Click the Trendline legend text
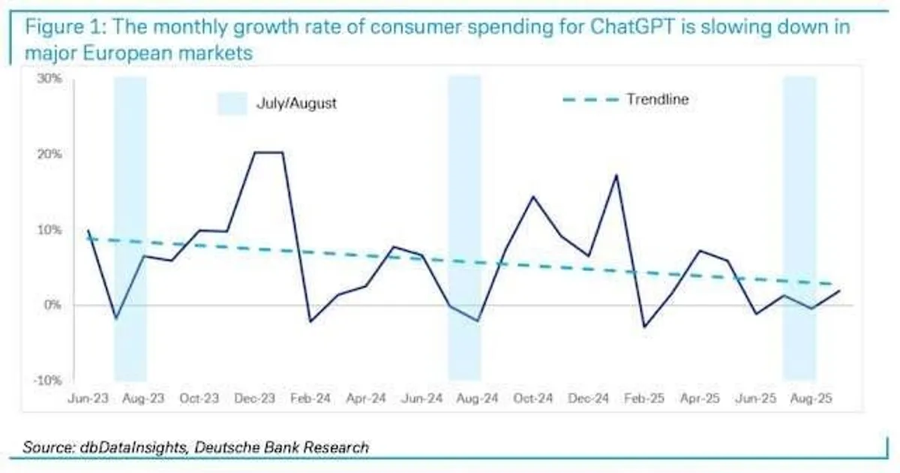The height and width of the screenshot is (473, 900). coord(657,99)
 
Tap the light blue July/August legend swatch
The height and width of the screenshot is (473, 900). coord(232,104)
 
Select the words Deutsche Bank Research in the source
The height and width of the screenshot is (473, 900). coord(281,447)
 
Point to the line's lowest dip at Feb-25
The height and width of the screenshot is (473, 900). coord(643,327)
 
